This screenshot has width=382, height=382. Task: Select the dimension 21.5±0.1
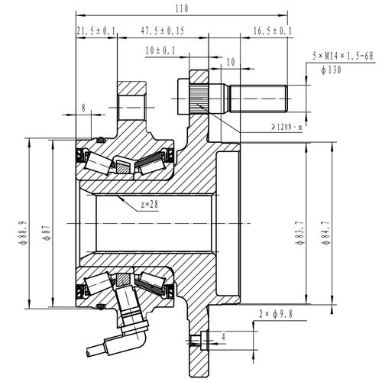pyautogui.click(x=96, y=31)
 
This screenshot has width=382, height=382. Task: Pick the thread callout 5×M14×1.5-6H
pyautogui.click(x=345, y=57)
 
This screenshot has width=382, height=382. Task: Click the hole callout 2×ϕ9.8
pyautogui.click(x=277, y=313)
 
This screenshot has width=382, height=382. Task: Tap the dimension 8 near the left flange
pyautogui.click(x=83, y=108)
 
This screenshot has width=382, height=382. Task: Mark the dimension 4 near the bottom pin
pyautogui.click(x=222, y=334)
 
